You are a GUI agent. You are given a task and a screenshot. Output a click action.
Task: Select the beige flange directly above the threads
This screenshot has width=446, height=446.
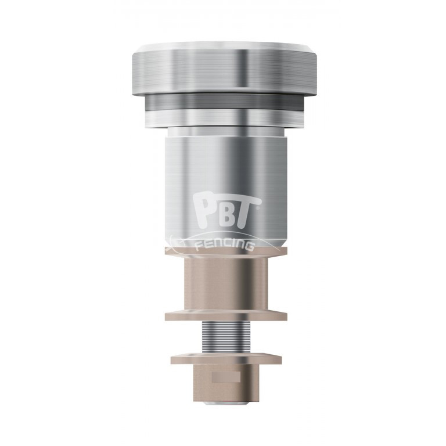226,315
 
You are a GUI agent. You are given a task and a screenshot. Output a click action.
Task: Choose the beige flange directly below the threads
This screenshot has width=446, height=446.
226,357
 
